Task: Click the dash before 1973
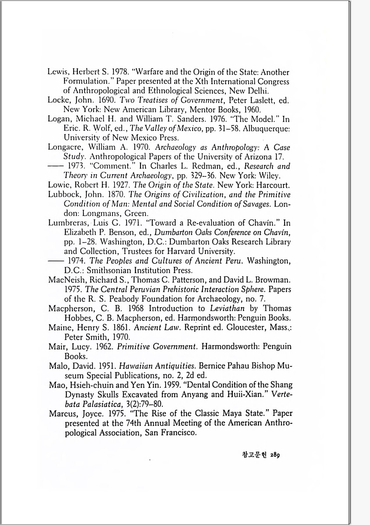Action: coord(55,166)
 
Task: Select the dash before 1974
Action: coord(55,261)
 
